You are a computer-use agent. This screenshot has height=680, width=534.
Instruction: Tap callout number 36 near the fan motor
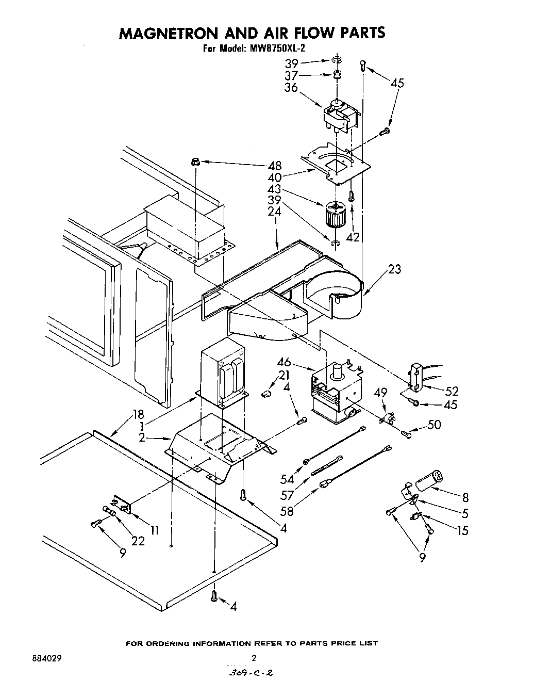291,87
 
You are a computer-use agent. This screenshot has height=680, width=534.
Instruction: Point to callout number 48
275,166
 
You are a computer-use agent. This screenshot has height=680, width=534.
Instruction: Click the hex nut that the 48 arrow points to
195,161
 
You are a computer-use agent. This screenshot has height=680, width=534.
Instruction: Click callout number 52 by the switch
451,392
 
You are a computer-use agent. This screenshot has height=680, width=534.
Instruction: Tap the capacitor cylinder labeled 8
430,479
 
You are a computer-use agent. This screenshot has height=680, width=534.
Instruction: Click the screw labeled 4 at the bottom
214,597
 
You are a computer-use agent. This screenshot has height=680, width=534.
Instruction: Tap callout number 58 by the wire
287,511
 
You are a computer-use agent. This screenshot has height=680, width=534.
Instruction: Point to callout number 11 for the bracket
154,530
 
